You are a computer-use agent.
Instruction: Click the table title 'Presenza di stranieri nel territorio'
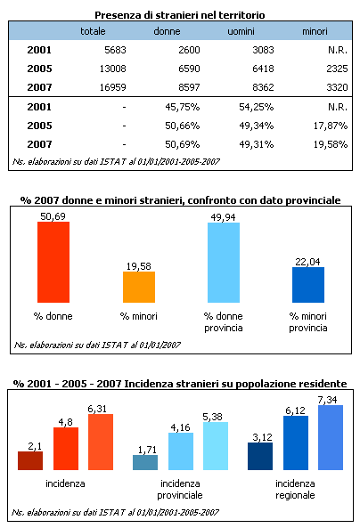click(x=179, y=15)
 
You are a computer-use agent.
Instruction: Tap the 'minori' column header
click(x=315, y=31)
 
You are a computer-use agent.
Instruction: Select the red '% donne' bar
click(x=53, y=263)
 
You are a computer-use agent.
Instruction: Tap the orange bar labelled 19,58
click(x=138, y=288)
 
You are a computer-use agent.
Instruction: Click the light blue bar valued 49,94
click(x=223, y=264)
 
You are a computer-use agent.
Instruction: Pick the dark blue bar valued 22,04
click(x=308, y=285)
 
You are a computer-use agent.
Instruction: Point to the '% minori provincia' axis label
click(x=308, y=321)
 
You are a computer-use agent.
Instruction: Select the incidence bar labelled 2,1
click(x=30, y=460)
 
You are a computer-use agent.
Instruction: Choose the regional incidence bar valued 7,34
click(x=330, y=437)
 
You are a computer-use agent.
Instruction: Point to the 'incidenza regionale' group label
click(x=295, y=489)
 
